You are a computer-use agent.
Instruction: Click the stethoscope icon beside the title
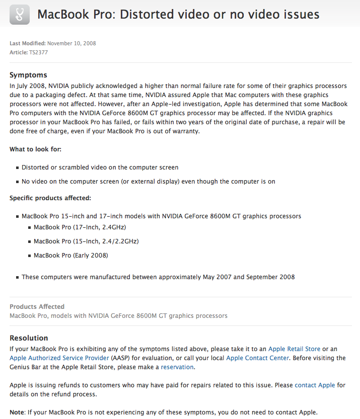19,14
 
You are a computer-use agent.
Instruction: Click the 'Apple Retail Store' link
294,349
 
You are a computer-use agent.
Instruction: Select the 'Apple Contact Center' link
257,358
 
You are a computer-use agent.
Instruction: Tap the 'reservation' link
177,367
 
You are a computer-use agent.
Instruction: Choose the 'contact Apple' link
315,385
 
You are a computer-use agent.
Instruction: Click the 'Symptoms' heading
28,75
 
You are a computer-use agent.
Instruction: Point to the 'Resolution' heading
29,338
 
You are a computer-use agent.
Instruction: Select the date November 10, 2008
71,43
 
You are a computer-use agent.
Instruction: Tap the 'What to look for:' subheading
36,149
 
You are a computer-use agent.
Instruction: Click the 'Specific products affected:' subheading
50,198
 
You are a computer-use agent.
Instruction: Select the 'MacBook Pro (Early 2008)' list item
70,255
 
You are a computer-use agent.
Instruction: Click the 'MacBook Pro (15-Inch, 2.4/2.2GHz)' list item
86,241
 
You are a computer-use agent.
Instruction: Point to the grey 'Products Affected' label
37,306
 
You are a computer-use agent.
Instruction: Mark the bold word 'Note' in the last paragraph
17,412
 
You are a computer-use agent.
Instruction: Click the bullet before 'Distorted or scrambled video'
17,167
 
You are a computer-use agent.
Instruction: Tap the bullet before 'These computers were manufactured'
17,277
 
